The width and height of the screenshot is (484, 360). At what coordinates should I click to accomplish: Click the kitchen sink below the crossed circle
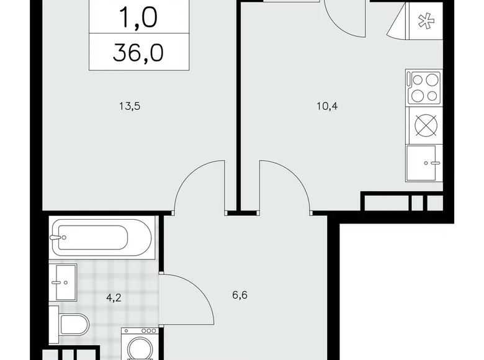pyautogui.click(x=423, y=163)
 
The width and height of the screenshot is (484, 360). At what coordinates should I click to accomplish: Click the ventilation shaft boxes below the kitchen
pyautogui.click(x=401, y=202)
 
